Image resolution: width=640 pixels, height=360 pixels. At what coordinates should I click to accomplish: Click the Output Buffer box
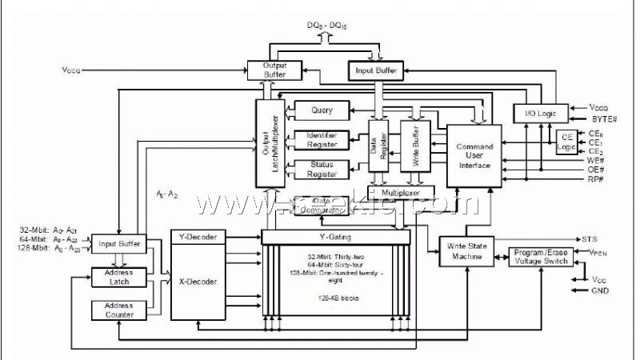[x=274, y=70]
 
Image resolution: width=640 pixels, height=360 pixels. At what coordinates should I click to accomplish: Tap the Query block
[x=322, y=110]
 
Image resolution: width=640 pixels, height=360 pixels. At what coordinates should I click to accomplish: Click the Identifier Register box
[x=322, y=139]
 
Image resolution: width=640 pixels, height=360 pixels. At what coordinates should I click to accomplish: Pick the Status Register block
[x=322, y=169]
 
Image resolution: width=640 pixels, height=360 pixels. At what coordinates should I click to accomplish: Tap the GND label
[x=600, y=291]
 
